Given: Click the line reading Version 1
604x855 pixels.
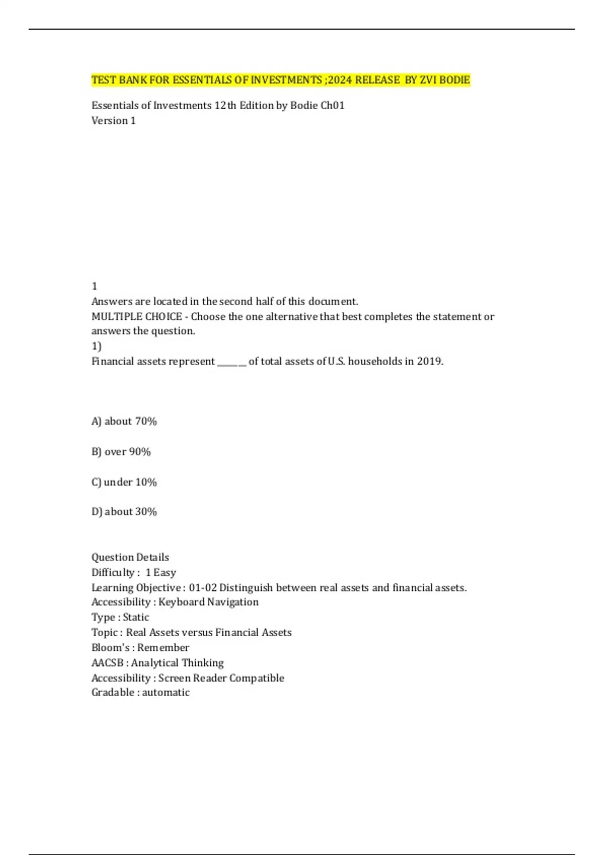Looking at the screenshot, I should [113, 121].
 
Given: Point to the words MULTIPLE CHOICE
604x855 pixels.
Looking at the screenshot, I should [136, 316].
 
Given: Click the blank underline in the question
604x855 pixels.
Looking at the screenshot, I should [232, 362].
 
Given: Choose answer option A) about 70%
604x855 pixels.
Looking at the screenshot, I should [124, 421].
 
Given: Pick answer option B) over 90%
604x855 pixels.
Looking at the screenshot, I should [121, 452].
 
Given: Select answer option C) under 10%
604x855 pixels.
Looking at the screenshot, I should [124, 482].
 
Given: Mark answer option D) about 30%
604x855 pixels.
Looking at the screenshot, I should [124, 511].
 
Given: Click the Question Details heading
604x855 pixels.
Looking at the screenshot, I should [130, 557].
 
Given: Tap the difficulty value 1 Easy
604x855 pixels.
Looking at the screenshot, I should [161, 572].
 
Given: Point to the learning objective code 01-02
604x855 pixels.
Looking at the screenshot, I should [203, 587].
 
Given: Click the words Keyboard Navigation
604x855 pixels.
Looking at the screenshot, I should [208, 602].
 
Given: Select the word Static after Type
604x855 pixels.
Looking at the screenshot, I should [136, 617].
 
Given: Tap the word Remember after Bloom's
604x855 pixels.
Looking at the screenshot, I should [163, 647].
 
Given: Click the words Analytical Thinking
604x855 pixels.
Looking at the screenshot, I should [177, 663].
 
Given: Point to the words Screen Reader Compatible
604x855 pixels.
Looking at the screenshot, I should [221, 678].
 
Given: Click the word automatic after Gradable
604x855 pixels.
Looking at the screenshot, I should [166, 693].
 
